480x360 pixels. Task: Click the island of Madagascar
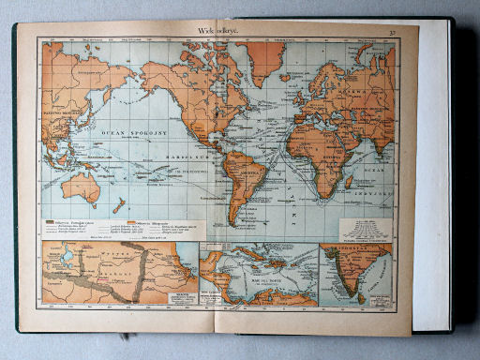pyautogui.click(x=350, y=181)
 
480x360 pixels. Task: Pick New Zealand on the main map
pyautogui.click(x=119, y=204)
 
